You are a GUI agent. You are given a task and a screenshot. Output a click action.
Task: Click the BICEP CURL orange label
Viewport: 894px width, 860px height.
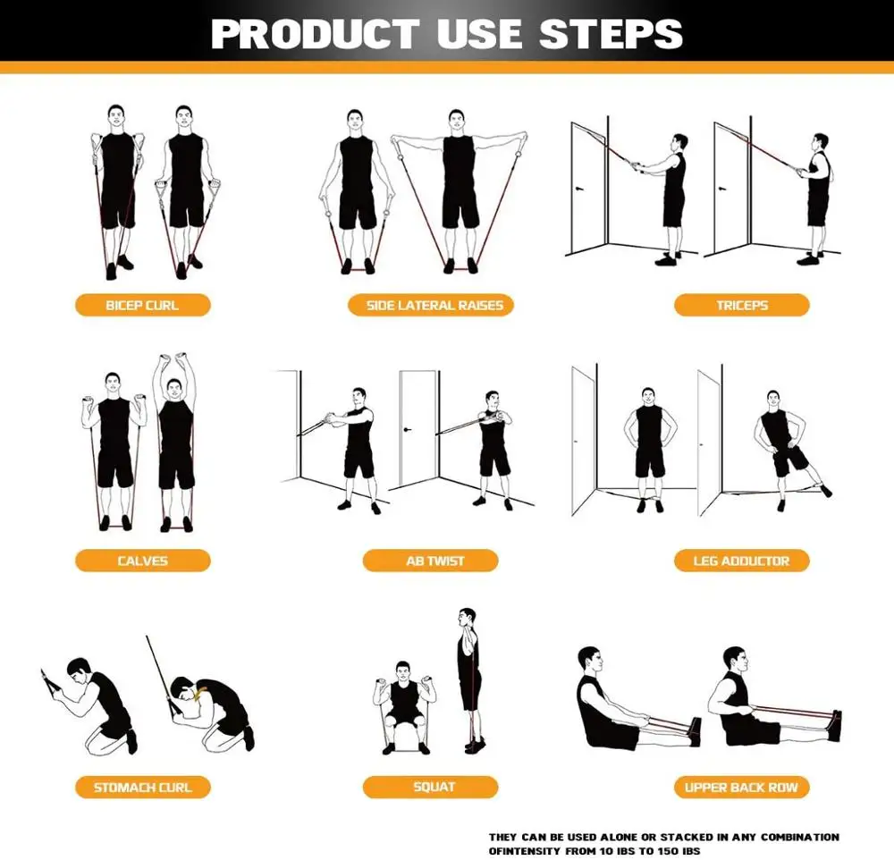tap(142, 305)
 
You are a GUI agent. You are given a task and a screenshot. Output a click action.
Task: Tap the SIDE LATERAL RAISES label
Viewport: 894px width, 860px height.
tap(434, 305)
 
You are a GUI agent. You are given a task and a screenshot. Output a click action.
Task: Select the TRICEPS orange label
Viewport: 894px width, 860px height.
tap(741, 305)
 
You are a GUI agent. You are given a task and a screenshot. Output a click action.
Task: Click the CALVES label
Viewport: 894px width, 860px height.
tap(142, 561)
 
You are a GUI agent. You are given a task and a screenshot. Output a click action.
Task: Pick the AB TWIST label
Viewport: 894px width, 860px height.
tap(434, 561)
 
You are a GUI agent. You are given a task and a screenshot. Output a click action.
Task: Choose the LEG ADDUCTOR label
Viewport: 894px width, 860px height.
tap(741, 561)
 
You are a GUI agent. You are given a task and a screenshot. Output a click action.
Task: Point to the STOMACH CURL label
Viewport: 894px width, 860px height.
tap(142, 788)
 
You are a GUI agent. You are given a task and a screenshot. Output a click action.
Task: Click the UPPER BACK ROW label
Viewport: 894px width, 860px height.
tap(741, 788)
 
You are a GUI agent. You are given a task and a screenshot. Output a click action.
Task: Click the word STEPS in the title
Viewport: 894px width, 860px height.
tap(611, 34)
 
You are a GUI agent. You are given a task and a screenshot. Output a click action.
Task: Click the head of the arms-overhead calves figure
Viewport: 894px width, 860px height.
tap(175, 387)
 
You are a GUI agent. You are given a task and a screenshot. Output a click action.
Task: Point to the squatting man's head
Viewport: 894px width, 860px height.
tap(403, 670)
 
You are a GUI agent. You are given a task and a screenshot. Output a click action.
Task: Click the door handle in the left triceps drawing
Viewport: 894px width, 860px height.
tap(581, 190)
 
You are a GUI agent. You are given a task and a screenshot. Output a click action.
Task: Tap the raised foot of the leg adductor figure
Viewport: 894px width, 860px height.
tap(824, 490)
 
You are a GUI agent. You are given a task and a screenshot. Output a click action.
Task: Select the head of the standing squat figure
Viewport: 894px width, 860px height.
tap(467, 618)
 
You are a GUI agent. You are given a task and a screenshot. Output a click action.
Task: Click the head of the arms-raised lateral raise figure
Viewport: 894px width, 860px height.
tap(457, 120)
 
